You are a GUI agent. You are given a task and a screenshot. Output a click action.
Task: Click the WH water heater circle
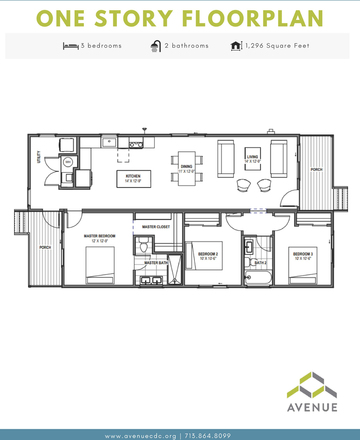point(68,162)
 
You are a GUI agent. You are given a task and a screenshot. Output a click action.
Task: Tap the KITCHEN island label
point(133,176)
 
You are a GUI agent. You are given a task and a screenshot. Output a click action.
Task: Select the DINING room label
point(187,166)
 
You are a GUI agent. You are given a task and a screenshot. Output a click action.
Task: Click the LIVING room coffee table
point(252,159)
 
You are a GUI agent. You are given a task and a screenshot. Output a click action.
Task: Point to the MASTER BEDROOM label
point(100,236)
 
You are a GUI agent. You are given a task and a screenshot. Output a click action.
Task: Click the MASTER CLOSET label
point(156,227)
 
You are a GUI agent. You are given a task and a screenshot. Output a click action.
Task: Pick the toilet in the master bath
point(144,244)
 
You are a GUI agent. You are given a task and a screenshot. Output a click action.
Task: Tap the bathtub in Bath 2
point(258,278)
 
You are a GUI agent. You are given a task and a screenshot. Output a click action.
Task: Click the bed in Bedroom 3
point(303,265)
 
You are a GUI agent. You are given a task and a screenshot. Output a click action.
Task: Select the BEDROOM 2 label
point(208,254)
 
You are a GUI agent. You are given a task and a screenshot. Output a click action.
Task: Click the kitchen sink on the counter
point(109,143)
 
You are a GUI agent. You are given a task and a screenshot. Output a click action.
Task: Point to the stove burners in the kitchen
point(136,144)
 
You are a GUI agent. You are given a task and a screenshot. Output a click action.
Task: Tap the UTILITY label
point(39,157)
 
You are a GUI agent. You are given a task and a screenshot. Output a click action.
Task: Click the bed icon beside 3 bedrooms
point(71,46)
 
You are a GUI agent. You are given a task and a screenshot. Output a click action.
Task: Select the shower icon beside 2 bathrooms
point(156,46)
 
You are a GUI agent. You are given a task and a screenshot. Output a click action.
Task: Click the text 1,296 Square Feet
point(277,46)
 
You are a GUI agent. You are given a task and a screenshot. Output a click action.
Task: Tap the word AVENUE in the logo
point(312,407)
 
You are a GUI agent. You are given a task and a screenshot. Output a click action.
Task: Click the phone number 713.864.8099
point(208,436)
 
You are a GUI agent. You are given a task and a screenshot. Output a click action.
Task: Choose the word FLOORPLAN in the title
point(253,18)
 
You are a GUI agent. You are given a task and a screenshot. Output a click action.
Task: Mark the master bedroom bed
point(100,265)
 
